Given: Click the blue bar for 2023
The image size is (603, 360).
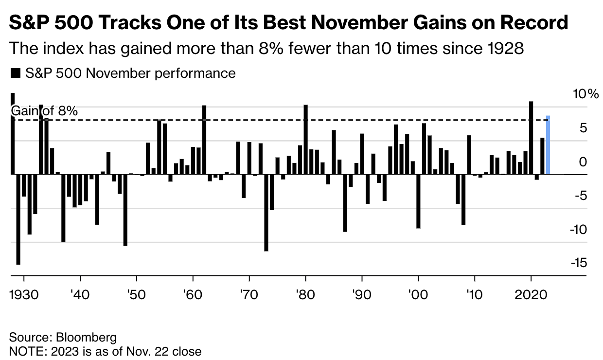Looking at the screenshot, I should [548, 145].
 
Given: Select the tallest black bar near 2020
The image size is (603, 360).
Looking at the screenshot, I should [531, 138].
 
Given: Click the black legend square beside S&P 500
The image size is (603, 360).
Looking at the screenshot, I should [15, 73].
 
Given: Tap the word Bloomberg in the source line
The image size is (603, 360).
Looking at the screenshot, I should [87, 337].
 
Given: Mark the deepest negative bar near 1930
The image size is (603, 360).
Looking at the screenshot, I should [18, 219].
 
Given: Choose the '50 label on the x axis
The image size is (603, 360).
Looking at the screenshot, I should [137, 296].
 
